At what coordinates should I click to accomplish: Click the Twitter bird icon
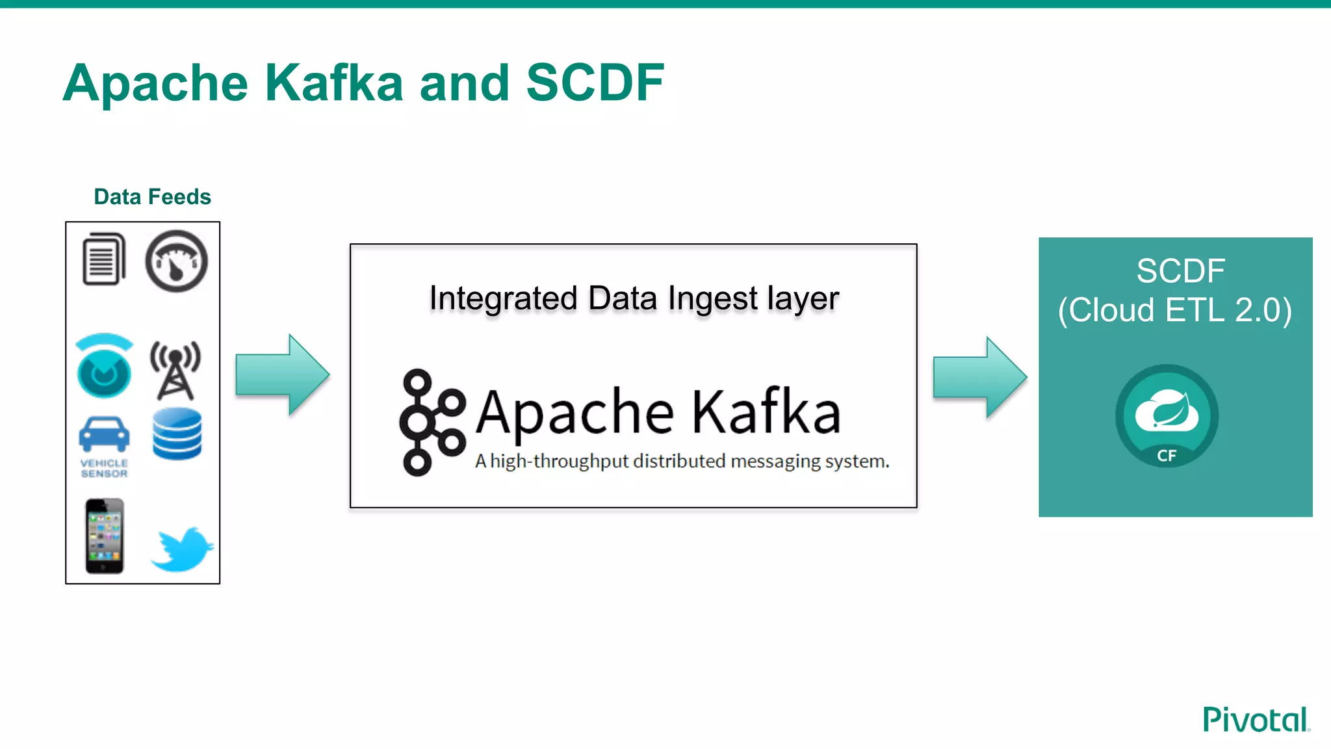(x=182, y=549)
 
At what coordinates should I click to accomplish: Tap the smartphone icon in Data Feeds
(x=104, y=536)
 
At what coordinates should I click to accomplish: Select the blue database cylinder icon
(x=177, y=434)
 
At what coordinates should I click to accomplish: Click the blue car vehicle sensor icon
(x=104, y=434)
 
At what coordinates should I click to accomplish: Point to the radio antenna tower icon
(x=175, y=369)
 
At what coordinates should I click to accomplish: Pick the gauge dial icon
(x=176, y=261)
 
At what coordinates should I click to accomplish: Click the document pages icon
(x=104, y=259)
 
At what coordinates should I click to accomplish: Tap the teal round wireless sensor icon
(x=104, y=367)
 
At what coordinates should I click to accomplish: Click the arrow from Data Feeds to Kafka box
(x=282, y=374)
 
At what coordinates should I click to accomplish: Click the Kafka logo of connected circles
(x=432, y=421)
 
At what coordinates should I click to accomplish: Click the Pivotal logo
(x=1256, y=719)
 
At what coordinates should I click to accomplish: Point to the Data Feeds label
(x=152, y=196)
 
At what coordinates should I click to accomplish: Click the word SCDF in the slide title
(x=595, y=83)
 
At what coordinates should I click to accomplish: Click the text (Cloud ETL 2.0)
(x=1174, y=310)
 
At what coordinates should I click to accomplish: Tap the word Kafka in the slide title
(x=334, y=83)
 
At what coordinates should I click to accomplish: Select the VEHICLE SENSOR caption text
(x=104, y=468)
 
